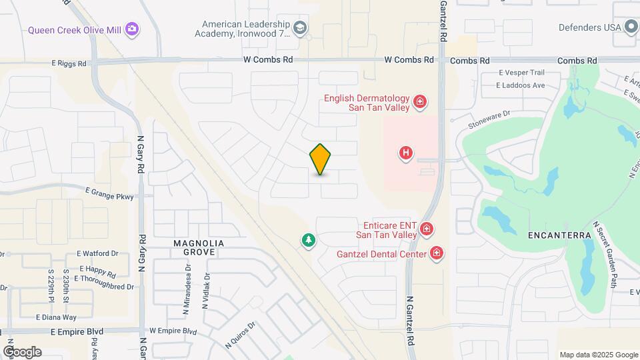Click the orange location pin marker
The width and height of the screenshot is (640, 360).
click(x=321, y=159)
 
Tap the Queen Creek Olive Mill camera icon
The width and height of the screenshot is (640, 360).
click(x=133, y=29)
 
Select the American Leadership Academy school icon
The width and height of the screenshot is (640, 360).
click(x=300, y=27)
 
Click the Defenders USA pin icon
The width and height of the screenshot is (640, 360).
click(x=631, y=27)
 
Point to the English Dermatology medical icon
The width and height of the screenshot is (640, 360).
click(x=420, y=102)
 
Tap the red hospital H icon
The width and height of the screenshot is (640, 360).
click(x=405, y=153)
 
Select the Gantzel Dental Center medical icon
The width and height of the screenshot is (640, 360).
click(x=437, y=253)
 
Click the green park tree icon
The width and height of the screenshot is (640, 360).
click(x=308, y=240)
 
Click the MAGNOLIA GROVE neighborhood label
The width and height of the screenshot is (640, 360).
click(x=194, y=247)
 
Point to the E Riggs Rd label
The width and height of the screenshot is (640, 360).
click(x=69, y=65)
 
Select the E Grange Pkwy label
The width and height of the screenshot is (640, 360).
click(x=109, y=197)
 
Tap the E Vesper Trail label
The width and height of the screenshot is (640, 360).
click(x=521, y=73)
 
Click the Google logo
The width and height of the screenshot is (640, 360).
click(x=22, y=351)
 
